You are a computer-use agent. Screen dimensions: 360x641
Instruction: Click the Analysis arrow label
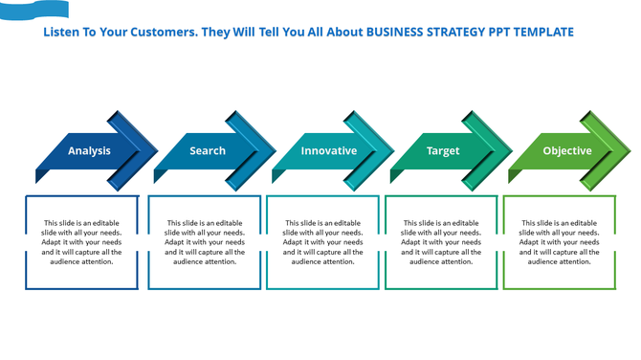click(89, 151)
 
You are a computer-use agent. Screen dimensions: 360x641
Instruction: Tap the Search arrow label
click(208, 151)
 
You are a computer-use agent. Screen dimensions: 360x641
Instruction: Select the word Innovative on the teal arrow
click(328, 151)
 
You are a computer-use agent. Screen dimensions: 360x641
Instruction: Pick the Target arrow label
click(443, 151)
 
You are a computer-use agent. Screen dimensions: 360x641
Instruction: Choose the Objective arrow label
click(567, 151)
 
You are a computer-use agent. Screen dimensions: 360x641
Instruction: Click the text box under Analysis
click(81, 242)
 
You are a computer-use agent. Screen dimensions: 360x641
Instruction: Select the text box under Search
click(204, 242)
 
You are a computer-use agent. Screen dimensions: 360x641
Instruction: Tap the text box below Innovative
click(322, 242)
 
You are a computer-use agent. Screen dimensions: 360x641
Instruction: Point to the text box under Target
click(441, 242)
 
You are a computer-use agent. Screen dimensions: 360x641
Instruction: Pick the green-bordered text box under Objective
click(560, 242)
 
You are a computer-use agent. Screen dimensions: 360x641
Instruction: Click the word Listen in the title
click(61, 33)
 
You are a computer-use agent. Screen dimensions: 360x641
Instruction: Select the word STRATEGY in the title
click(453, 33)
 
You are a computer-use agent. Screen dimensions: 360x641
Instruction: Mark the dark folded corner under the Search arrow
click(160, 176)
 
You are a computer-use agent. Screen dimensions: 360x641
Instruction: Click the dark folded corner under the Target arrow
click(396, 176)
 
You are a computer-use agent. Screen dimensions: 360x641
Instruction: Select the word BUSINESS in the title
click(394, 33)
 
